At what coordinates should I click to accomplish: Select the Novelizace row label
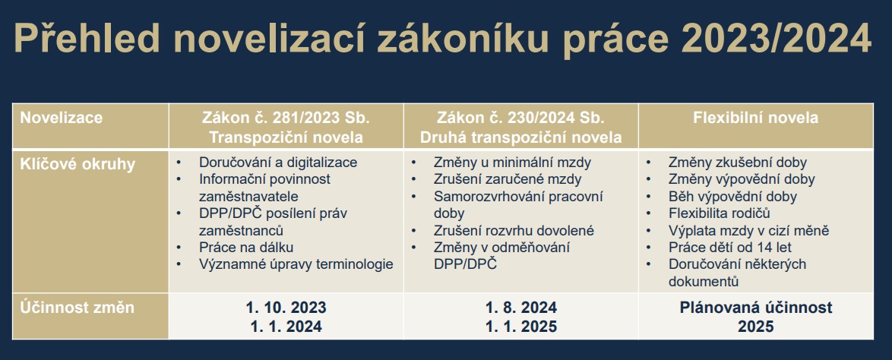tap(62, 118)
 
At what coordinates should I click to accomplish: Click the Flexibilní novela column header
tap(755, 118)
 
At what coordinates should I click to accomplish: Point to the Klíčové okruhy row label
tap(77, 164)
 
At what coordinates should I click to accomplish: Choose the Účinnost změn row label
tap(77, 308)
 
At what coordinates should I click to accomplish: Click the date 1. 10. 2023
tap(286, 308)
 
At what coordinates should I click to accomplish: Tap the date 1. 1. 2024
tap(286, 327)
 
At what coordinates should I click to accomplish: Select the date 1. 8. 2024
tap(521, 308)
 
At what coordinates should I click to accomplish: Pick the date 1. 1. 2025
tap(521, 327)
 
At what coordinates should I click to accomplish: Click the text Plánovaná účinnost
tap(755, 308)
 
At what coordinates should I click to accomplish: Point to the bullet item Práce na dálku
tap(246, 248)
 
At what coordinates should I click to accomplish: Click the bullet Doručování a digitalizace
tap(278, 162)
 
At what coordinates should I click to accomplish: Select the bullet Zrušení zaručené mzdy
tap(508, 179)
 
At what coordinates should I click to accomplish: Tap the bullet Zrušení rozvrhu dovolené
tap(514, 230)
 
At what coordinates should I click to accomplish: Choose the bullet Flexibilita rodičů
tap(719, 213)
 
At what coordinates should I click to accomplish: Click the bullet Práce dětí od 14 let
tap(730, 248)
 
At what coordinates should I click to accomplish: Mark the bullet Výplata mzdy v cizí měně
tap(748, 230)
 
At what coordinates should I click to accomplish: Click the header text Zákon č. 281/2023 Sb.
tap(286, 118)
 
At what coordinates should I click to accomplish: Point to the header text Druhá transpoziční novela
tap(521, 137)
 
